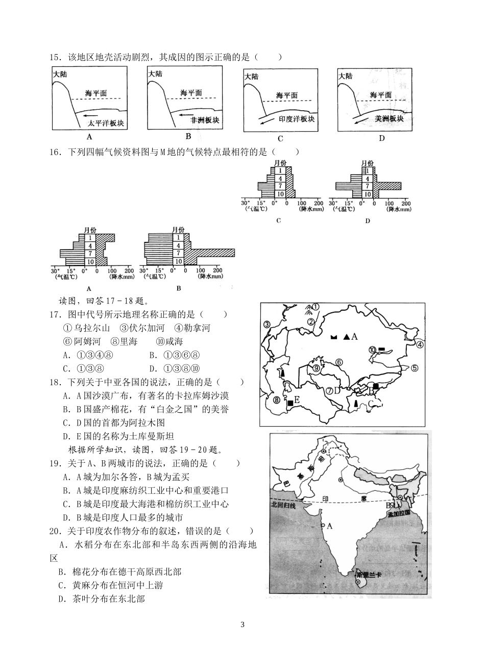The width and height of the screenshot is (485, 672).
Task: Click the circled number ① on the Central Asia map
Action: [316, 307]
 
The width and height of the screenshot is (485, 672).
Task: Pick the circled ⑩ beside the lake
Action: [372, 350]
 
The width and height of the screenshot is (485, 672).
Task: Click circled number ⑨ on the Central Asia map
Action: [316, 368]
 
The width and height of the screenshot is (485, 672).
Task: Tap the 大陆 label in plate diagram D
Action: [346, 76]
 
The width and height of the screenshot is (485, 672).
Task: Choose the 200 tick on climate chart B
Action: [217, 270]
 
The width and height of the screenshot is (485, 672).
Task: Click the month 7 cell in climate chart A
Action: [90, 253]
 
